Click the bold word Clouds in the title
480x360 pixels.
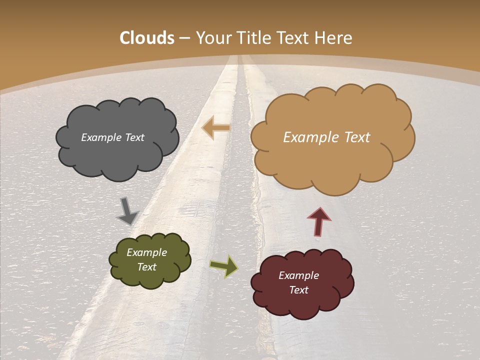(x=147, y=38)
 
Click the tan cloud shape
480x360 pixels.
(x=332, y=160)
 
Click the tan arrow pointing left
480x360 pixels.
(x=215, y=127)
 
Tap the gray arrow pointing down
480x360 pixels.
(x=127, y=210)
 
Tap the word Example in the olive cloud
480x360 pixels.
(x=146, y=253)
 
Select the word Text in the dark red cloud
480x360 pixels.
(x=298, y=290)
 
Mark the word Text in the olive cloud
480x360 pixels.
(x=146, y=267)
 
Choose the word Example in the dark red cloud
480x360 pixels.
(x=298, y=275)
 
